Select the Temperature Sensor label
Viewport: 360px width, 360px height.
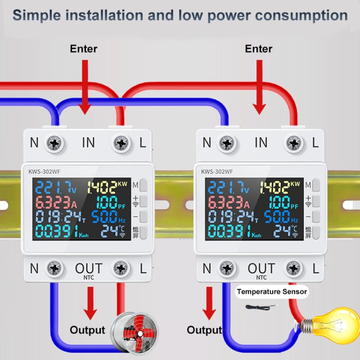[272, 291]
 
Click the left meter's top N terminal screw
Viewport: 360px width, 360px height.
[54, 143]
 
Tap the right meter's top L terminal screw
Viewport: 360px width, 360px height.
[294, 143]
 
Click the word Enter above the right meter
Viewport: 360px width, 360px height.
[259, 49]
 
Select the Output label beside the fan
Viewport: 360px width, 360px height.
[87, 330]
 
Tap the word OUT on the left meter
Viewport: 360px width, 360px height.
[89, 268]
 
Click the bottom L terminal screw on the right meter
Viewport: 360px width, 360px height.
[294, 268]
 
